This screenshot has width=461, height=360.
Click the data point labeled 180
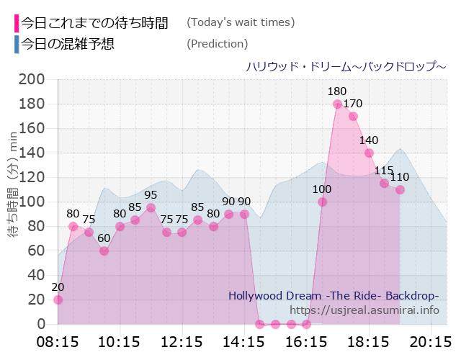[x=337, y=104]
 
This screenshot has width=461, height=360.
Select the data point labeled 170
[x=353, y=116]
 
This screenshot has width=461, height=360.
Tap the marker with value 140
[x=369, y=153]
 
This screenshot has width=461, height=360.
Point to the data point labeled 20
[x=58, y=300]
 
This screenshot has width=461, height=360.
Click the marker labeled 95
[x=151, y=208]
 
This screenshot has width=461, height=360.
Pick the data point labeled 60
[x=104, y=251]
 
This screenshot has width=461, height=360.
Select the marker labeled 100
[x=322, y=202]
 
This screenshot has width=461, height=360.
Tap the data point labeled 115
[x=384, y=184]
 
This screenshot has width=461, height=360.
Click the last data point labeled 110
[x=400, y=189]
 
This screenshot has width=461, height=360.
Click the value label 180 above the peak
[x=336, y=91]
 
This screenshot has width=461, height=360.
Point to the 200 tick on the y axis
[x=32, y=79]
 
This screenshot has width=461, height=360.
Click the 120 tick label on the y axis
[x=32, y=177]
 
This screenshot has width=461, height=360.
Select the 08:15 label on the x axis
[x=58, y=341]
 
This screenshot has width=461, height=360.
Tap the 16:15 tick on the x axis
[x=306, y=341]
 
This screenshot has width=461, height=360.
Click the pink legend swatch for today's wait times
[x=17, y=22]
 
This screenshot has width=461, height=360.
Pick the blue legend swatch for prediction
[x=17, y=44]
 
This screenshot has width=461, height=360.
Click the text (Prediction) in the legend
[x=217, y=44]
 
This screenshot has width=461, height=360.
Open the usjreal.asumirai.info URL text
[x=364, y=310]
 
